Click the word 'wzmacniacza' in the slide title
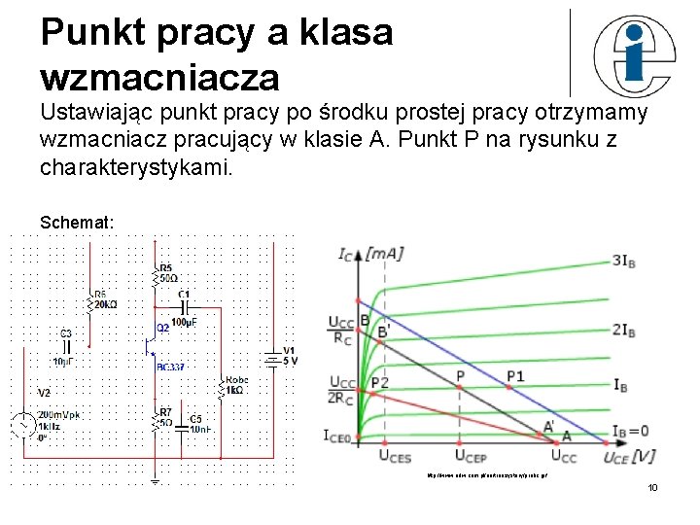[x=159, y=75]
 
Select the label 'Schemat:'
[x=77, y=223]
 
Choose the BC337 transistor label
[x=170, y=367]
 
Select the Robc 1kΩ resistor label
[x=236, y=385]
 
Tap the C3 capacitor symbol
[x=66, y=345]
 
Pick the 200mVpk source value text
[x=59, y=415]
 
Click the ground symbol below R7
[x=155, y=478]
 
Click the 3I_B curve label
[x=623, y=261]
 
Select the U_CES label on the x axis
[x=394, y=455]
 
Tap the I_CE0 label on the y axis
[x=337, y=435]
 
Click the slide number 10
[x=652, y=486]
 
